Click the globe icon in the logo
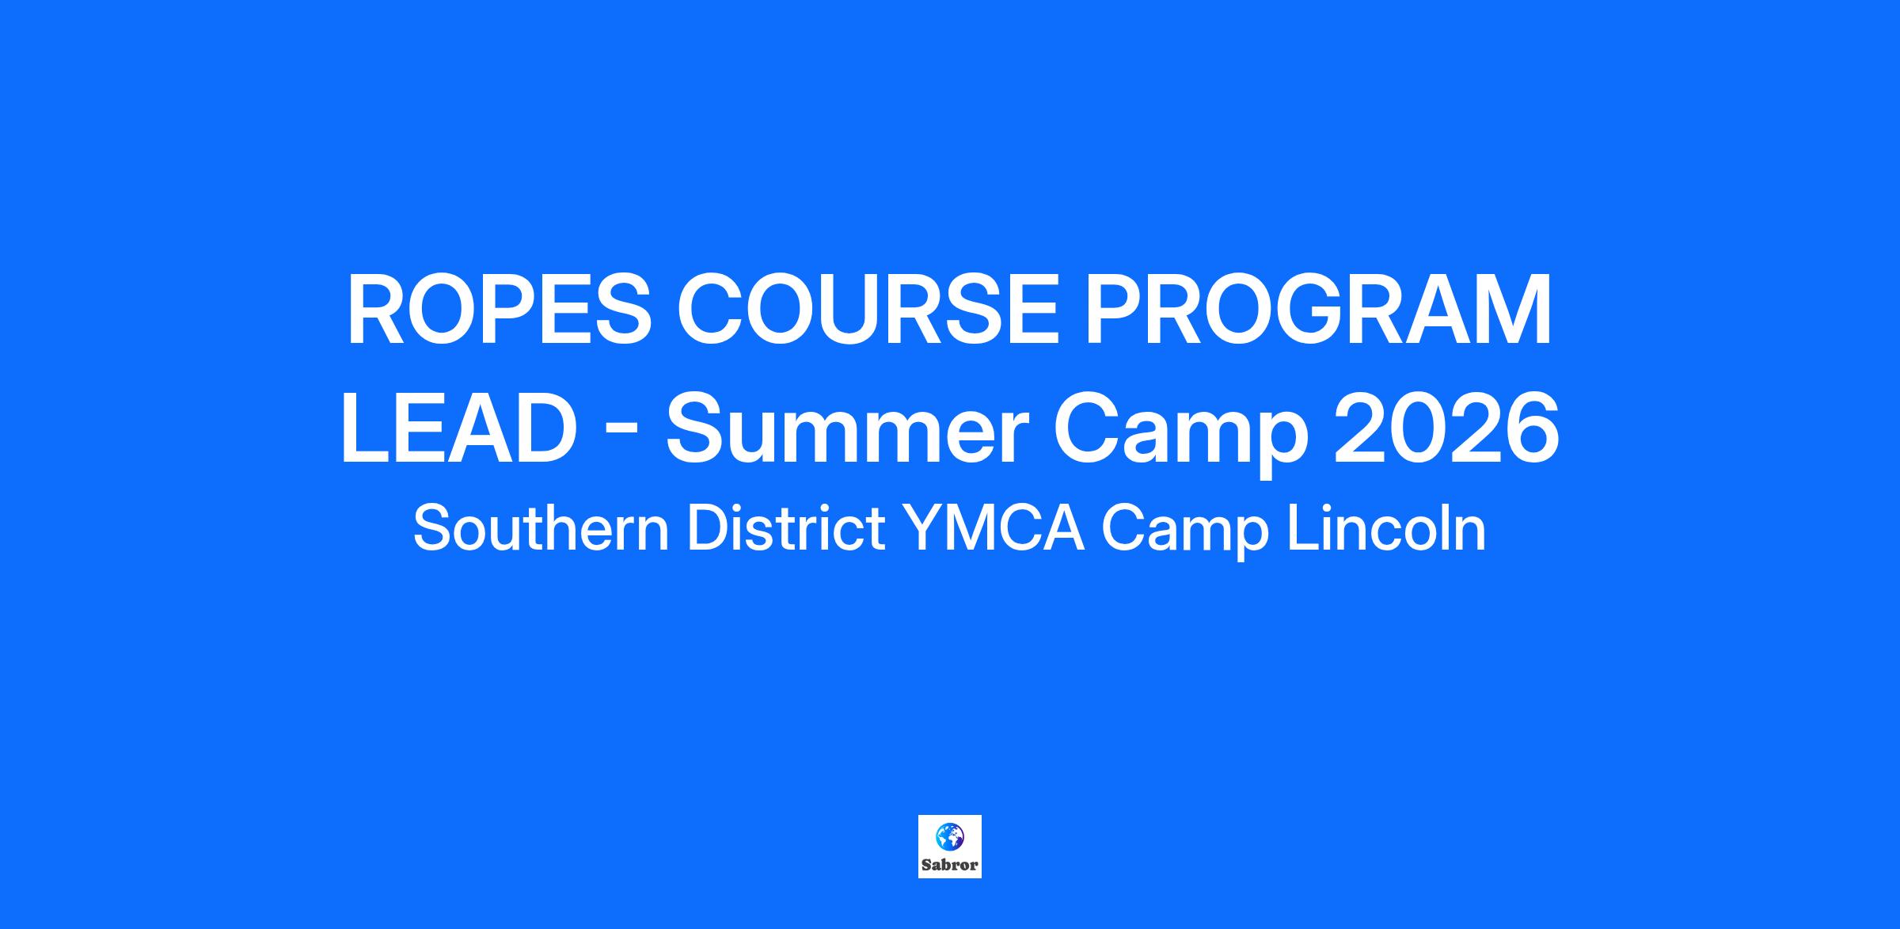[950, 835]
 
